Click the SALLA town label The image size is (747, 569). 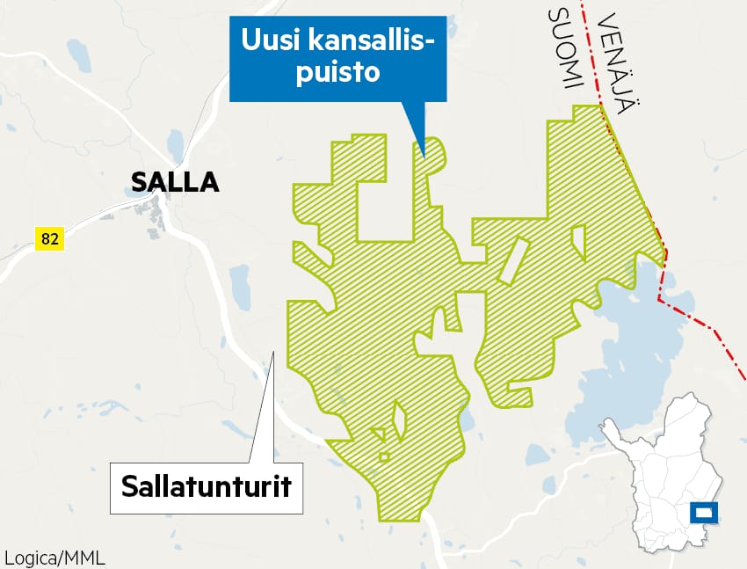[x=174, y=182]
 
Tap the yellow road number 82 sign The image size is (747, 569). [x=49, y=237]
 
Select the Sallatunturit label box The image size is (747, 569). [x=206, y=486]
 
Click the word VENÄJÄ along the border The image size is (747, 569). [x=616, y=62]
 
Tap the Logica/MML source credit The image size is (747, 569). [x=48, y=558]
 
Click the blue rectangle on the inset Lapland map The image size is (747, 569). [x=705, y=511]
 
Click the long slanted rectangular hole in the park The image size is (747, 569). [x=511, y=261]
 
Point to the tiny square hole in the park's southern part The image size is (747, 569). [x=384, y=456]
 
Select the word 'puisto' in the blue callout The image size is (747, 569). [x=337, y=72]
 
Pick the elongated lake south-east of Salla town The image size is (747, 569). [x=240, y=286]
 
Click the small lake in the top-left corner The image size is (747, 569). [x=79, y=55]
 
